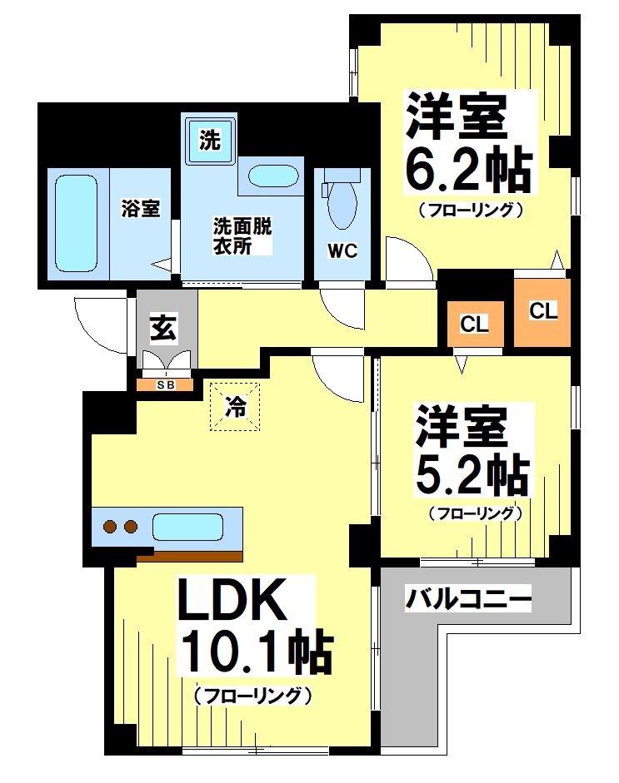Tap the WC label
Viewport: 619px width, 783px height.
pos(341,250)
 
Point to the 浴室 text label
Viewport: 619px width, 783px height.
pos(140,209)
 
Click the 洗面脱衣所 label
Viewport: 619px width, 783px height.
pos(242,235)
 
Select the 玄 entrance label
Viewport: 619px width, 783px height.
pos(162,330)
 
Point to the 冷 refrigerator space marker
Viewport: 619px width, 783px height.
pos(237,407)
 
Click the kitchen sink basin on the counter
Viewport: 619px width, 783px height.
pos(187,528)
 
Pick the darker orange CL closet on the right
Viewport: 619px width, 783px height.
pos(542,311)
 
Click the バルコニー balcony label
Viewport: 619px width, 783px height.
pos(468,597)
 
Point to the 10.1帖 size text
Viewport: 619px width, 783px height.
pos(253,655)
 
